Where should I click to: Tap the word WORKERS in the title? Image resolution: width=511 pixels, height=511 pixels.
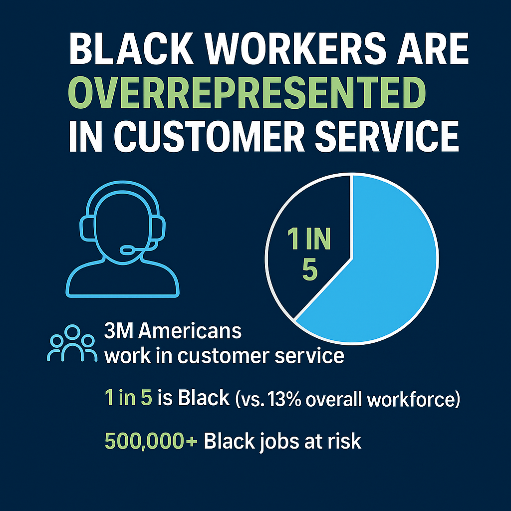point(295,49)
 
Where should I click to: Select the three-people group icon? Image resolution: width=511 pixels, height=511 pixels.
point(72,343)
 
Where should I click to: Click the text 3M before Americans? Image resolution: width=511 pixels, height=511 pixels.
point(119,331)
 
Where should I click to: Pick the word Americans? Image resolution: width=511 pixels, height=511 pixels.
point(190,331)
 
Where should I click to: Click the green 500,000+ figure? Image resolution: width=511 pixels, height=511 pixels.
point(151,441)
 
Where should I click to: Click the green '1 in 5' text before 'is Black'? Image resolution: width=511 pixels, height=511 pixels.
point(128,398)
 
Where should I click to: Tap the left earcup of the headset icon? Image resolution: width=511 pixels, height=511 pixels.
point(87,229)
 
